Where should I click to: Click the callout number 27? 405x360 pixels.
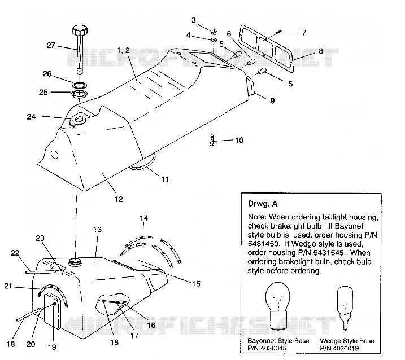click(51, 45)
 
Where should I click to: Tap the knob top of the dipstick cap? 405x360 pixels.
click(80, 30)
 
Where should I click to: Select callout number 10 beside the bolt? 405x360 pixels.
click(239, 140)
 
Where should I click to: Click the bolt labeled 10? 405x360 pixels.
click(212, 141)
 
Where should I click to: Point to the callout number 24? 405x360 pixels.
click(31, 117)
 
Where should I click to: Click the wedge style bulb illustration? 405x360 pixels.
click(345, 307)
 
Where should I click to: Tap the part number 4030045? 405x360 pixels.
click(273, 348)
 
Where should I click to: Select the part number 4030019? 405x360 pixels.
click(346, 348)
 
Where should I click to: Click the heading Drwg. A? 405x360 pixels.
click(263, 204)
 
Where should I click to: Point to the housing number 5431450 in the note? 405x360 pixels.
click(263, 244)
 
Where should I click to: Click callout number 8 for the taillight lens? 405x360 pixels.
click(320, 51)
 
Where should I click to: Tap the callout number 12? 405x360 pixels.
click(119, 199)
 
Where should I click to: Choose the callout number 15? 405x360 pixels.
click(196, 284)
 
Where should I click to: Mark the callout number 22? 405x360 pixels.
click(15, 253)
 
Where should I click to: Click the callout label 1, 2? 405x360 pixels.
click(123, 50)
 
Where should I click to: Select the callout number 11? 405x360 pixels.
click(165, 179)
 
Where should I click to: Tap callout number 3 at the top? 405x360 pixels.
click(194, 20)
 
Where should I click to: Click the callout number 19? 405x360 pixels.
click(52, 347)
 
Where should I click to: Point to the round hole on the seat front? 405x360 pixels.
click(54, 155)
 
